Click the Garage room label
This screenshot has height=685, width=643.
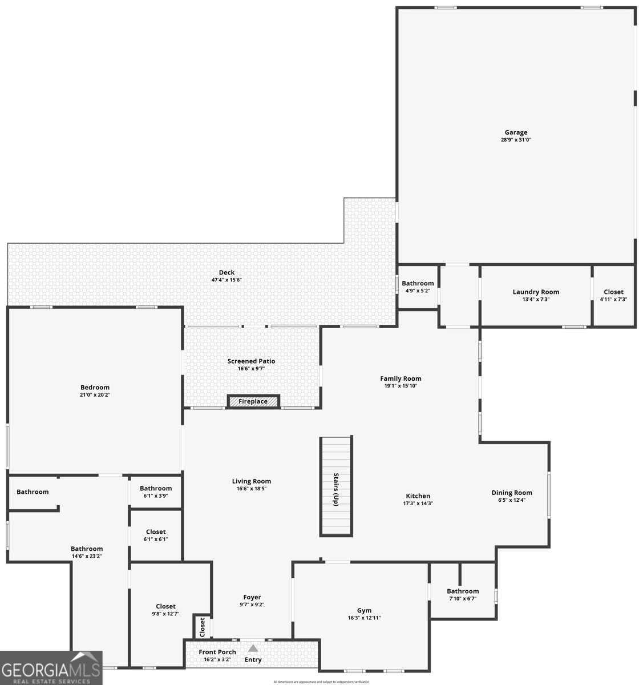point(515,132)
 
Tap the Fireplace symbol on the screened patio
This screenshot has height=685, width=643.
point(253,401)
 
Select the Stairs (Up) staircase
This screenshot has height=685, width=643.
point(335,485)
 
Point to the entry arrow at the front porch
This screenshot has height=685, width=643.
point(253,648)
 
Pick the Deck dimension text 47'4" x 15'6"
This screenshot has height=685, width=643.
point(227,280)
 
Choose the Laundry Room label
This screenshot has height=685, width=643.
point(536,292)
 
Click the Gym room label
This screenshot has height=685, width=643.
point(364,610)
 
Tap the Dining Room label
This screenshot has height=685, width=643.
point(512,493)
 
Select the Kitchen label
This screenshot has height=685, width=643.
point(418,496)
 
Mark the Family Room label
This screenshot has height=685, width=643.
point(401,378)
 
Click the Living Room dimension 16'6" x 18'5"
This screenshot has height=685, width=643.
point(251,489)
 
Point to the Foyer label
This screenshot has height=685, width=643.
point(252,597)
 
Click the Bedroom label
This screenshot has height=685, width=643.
point(95,387)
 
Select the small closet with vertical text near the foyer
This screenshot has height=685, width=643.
point(202,627)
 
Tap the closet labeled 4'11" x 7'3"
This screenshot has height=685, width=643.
point(613,295)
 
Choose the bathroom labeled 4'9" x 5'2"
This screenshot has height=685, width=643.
point(417,287)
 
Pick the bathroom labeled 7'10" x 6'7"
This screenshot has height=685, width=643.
point(462,594)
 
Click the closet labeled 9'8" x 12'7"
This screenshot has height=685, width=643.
point(165,610)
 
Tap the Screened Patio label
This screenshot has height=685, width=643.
point(251,361)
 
